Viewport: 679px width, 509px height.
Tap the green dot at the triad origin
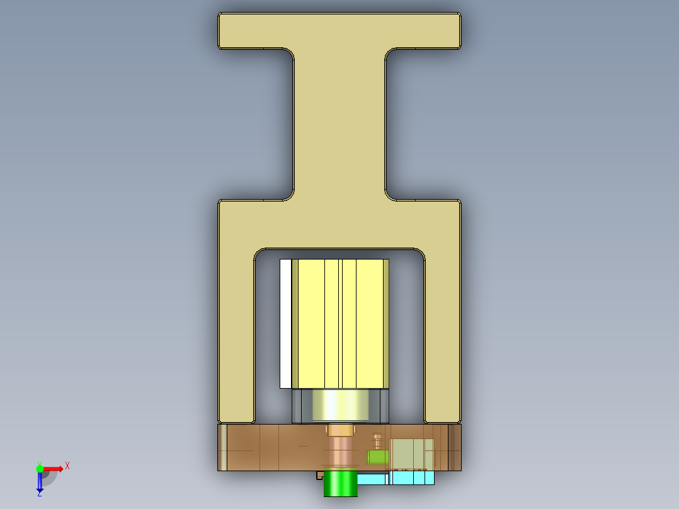tap(40, 468)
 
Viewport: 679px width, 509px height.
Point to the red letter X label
tap(67, 466)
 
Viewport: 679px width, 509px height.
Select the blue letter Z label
tap(39, 495)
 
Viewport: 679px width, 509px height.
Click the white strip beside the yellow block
tap(285, 323)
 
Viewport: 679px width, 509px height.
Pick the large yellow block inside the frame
tap(340, 323)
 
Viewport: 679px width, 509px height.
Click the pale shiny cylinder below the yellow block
tap(340, 406)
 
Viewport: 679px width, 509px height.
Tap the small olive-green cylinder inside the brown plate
tap(377, 456)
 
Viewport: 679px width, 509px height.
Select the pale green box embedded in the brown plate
tap(412, 454)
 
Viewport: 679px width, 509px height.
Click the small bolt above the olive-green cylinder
tap(377, 439)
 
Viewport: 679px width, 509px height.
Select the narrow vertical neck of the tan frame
tap(339, 126)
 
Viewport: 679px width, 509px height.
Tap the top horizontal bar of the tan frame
tap(339, 30)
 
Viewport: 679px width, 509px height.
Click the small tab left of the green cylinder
tap(319, 476)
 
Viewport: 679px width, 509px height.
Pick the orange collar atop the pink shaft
tap(340, 430)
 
